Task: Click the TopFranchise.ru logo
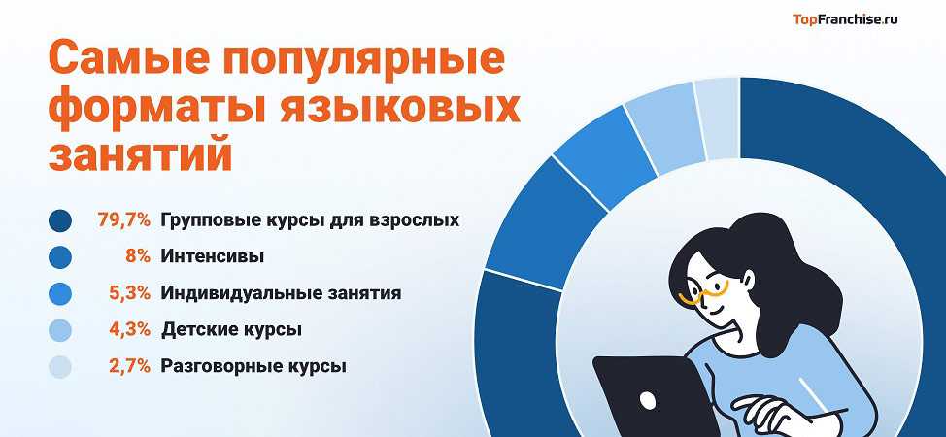coord(845,20)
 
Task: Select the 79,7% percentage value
coord(123,220)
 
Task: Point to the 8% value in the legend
coord(137,257)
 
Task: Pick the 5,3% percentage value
coord(129,294)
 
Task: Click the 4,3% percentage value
coord(129,330)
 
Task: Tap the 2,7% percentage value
coord(129,366)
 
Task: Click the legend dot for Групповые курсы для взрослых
coord(59,220)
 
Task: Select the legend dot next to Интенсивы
coord(59,257)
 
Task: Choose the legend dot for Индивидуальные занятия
coord(59,294)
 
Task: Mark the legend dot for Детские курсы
coord(59,330)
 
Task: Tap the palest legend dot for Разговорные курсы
coord(59,367)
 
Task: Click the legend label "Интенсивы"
coord(213,257)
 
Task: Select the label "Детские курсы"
coord(232,331)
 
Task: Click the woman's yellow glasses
coord(703,294)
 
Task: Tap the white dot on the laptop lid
coord(648,399)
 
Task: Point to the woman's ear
coord(748,280)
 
